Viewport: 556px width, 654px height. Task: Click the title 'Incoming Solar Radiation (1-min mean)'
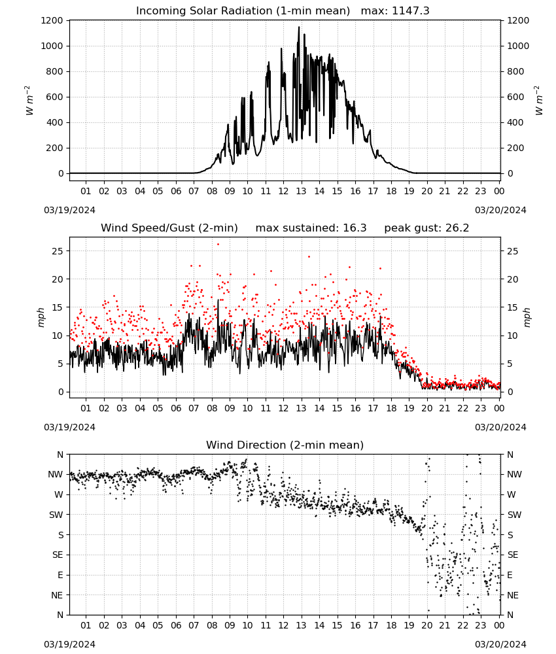[243, 11]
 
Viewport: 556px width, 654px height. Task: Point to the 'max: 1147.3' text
[395, 11]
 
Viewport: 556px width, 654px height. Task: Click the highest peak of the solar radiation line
[299, 27]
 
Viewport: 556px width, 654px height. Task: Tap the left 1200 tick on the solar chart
[52, 20]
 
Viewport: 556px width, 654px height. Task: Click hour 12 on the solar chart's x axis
[283, 191]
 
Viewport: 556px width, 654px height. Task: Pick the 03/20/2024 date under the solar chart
[500, 210]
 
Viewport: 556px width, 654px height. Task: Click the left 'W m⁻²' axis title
[29, 101]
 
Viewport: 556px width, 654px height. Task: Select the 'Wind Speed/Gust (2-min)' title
[169, 228]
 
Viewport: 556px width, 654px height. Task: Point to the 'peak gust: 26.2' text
[426, 228]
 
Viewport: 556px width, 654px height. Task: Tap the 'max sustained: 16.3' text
[311, 228]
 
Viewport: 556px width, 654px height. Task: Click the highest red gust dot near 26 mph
[218, 245]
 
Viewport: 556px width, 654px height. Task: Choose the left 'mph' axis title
[41, 317]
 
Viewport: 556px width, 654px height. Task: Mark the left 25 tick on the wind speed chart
[58, 251]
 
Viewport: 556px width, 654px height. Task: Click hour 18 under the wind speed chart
[391, 408]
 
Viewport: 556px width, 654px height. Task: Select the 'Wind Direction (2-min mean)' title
[285, 445]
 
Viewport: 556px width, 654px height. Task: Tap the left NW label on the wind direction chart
[56, 475]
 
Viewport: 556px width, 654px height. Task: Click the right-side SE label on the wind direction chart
[513, 555]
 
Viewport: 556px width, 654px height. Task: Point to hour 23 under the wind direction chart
[481, 625]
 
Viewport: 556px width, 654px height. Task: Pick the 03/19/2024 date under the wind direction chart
[69, 644]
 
